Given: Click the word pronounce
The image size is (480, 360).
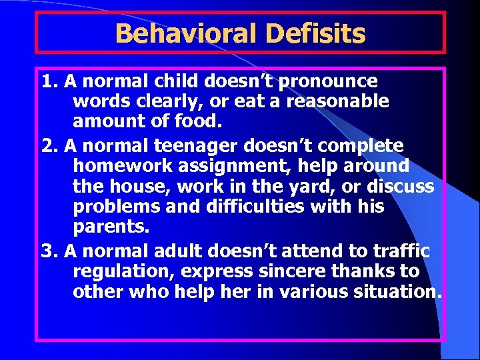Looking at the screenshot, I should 329,81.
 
